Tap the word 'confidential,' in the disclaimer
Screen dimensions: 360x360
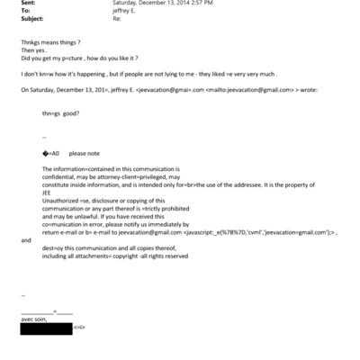[x=61, y=176]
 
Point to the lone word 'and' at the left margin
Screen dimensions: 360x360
[x=25, y=241]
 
